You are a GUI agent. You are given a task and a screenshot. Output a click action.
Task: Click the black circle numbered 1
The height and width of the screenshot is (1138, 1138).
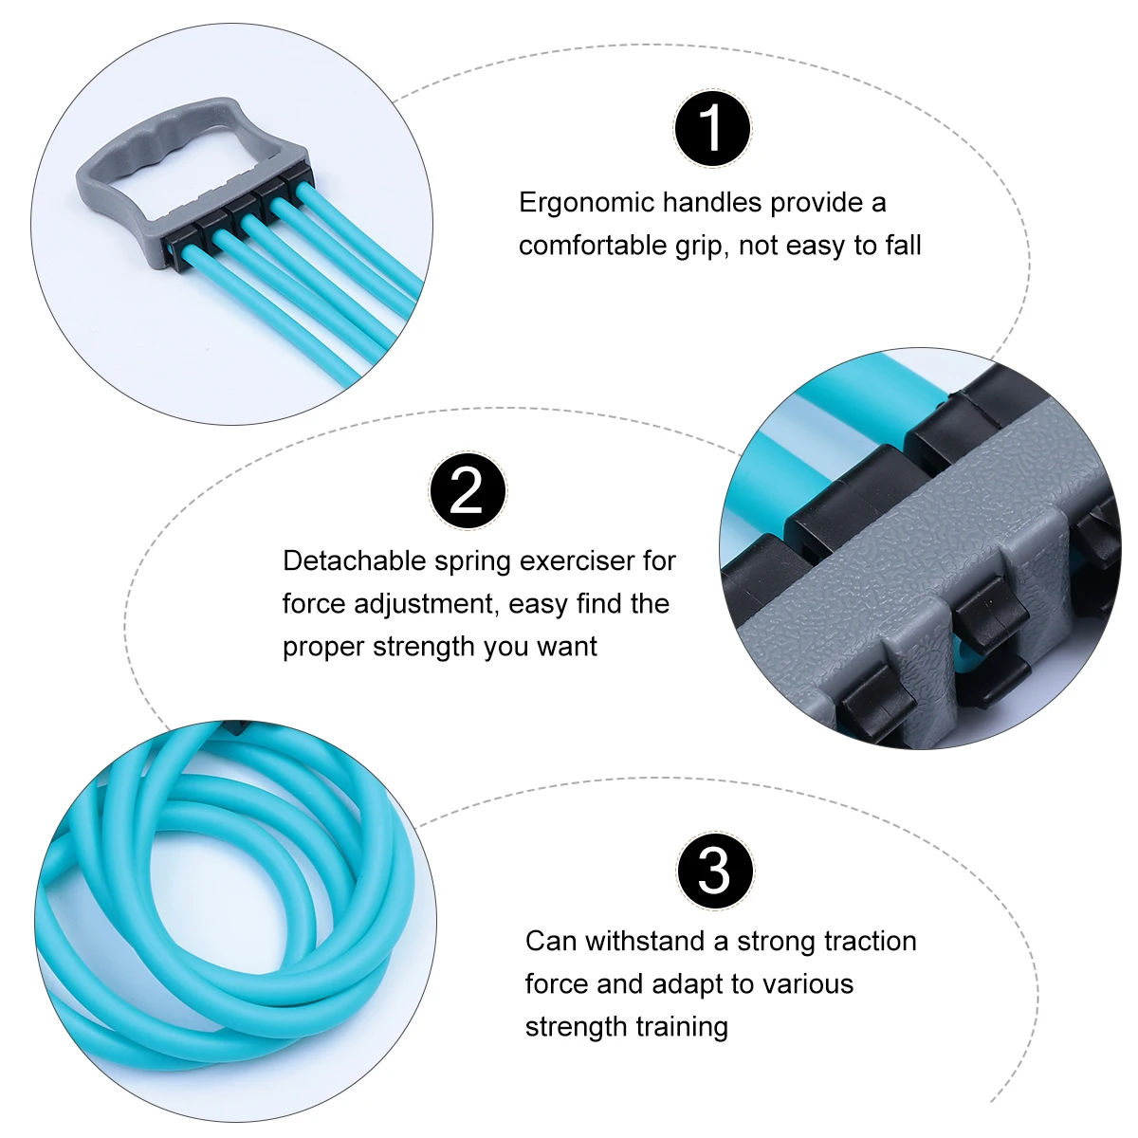pos(712,129)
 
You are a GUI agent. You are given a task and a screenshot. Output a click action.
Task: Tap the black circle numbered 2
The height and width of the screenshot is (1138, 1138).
pos(468,490)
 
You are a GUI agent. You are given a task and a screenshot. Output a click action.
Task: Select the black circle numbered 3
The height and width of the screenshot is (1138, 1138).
pos(715,871)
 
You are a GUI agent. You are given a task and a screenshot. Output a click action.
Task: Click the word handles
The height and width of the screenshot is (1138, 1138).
pos(712,203)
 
